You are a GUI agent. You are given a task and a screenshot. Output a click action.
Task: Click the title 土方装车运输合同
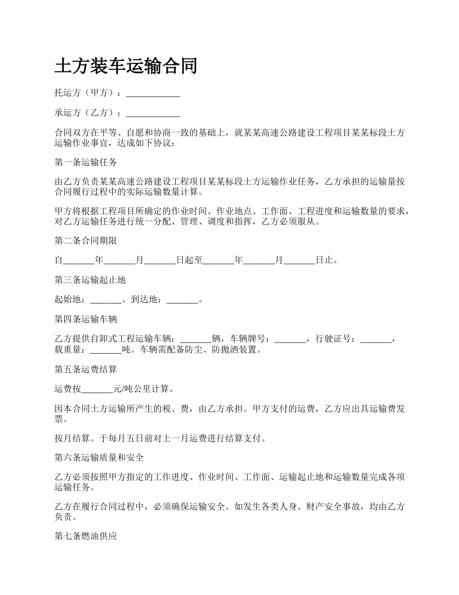[126, 66]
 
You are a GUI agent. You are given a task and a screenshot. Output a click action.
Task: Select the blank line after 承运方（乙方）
[153, 113]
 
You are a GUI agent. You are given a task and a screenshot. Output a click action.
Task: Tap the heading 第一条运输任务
[86, 162]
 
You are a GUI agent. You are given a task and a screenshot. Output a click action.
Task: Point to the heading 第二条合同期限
[86, 240]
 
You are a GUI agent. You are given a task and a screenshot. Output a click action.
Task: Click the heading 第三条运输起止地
[90, 280]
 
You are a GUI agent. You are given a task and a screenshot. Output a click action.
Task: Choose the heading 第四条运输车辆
[86, 319]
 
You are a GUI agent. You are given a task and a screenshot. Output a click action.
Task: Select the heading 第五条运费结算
[86, 369]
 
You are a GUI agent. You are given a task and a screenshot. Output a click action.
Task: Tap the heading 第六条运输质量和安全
[99, 457]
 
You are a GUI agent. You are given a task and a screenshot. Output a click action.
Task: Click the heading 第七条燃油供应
[86, 536]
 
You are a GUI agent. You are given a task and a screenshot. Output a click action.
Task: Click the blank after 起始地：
[106, 300]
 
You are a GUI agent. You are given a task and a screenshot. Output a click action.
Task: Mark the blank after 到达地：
[182, 300]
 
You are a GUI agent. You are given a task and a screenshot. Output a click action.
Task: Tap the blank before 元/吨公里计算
[97, 389]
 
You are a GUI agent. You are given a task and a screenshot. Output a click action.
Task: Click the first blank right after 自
[79, 260]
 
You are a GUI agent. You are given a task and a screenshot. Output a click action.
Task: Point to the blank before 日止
[299, 260]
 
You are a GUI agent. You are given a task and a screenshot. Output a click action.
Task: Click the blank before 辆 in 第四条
[195, 339]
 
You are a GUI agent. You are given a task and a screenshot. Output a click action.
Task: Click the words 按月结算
[72, 439]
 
